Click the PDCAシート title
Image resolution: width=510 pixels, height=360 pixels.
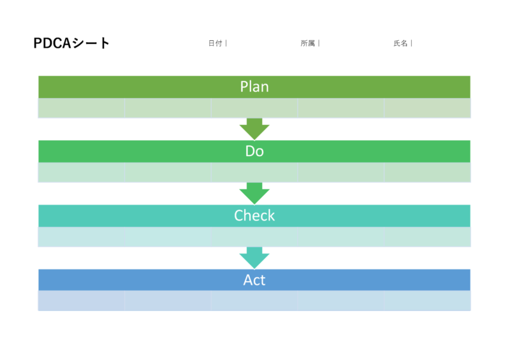pos(71,43)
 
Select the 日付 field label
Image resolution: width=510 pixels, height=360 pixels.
pos(215,43)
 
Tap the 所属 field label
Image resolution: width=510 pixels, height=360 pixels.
pos(307,43)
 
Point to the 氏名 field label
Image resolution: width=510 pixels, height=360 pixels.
pos(400,43)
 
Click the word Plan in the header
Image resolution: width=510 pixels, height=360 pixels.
pos(254,87)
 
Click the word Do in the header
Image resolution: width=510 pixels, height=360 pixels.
pos(254,152)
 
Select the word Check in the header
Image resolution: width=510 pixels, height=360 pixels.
pos(254,215)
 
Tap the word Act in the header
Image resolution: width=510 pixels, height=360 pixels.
pos(254,280)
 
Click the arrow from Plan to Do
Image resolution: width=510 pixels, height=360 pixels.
pos(254,129)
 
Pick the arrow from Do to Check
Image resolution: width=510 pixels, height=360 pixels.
pos(254,193)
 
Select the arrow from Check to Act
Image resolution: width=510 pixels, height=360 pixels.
pos(254,257)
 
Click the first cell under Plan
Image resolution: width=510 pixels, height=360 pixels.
pos(81,108)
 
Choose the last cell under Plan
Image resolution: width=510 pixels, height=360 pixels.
pos(427,108)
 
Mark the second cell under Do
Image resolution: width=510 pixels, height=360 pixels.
pos(168,173)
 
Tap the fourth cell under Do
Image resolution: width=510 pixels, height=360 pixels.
pos(340,173)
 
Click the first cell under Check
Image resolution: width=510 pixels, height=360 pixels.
pos(81,237)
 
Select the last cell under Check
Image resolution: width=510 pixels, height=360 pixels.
pos(427,237)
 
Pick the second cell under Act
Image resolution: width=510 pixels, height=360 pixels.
pos(168,301)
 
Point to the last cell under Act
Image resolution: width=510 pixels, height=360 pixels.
pos(427,301)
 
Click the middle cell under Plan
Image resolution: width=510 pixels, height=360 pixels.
pos(254,108)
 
